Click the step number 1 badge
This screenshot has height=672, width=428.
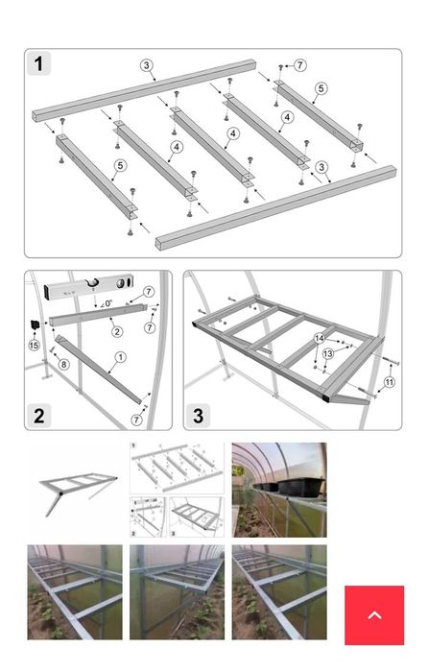(39, 64)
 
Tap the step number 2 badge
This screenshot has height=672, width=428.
(39, 416)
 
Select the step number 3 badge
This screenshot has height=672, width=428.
(198, 416)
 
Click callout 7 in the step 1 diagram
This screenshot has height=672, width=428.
(300, 65)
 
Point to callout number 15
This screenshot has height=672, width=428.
(34, 344)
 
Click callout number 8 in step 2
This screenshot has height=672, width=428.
(63, 364)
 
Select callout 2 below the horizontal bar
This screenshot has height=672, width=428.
(116, 331)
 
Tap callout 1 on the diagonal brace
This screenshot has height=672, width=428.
(120, 357)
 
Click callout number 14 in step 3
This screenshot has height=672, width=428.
(320, 339)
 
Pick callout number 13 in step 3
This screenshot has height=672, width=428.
(328, 353)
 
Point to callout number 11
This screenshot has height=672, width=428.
(389, 382)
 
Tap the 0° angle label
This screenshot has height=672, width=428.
(107, 303)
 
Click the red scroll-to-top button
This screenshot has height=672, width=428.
(374, 615)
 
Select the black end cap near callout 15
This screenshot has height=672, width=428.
(35, 324)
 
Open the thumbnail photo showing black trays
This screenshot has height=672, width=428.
(279, 490)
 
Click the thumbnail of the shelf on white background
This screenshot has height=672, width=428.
(75, 490)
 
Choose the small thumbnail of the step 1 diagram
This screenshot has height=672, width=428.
(177, 468)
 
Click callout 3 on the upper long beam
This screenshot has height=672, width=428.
(147, 65)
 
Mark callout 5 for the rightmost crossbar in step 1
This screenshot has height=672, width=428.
(321, 88)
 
